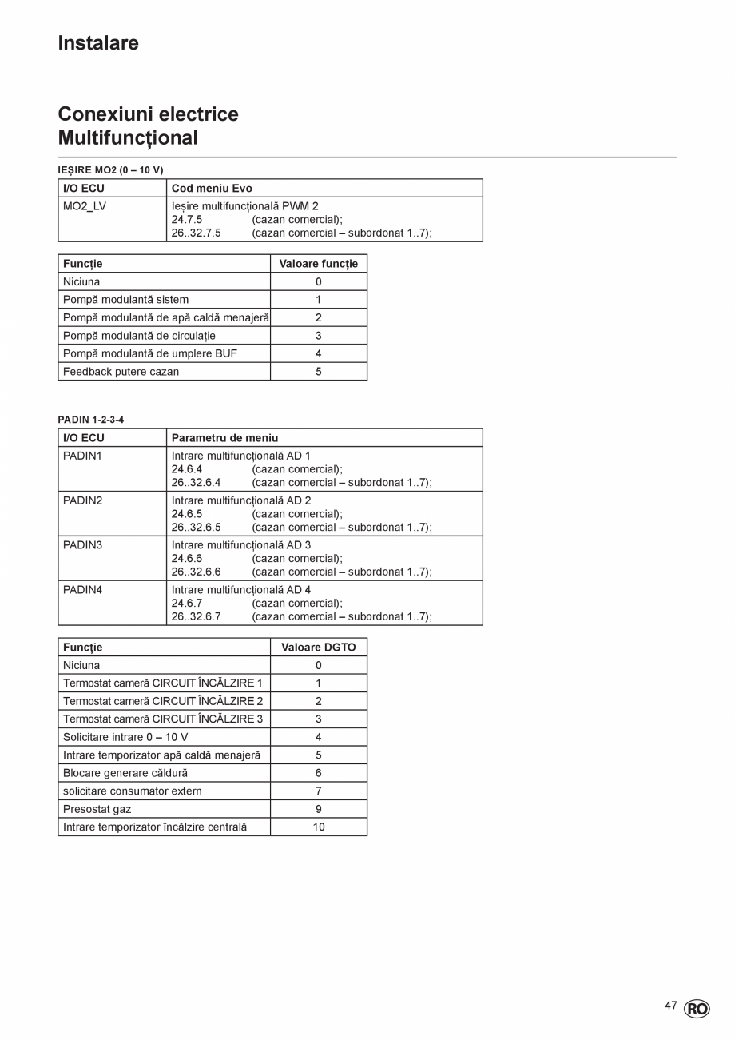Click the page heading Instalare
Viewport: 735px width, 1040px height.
[98, 43]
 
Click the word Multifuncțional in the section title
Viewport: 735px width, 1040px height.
[128, 138]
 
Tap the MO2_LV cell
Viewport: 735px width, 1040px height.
[85, 206]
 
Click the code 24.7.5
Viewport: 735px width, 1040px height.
[187, 220]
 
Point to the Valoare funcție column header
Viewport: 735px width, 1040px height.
[318, 264]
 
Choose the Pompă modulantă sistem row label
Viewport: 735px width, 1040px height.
[126, 300]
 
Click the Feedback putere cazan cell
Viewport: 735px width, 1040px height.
[121, 372]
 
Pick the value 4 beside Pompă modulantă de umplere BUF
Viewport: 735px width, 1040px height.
[318, 353]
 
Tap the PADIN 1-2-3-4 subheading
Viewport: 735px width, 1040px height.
[91, 420]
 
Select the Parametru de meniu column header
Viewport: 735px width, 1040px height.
[224, 438]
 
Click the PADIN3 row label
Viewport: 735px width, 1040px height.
[83, 545]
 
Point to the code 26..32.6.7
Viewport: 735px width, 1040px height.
[196, 617]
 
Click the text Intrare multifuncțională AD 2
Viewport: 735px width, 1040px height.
[241, 500]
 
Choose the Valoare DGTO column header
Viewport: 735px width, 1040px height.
[318, 648]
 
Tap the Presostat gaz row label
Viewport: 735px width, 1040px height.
[97, 809]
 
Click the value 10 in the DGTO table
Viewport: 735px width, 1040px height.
[318, 827]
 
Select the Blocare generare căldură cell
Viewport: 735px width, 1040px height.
[125, 773]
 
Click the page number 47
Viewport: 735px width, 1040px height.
[671, 1006]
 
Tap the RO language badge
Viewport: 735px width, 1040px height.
[697, 1009]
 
